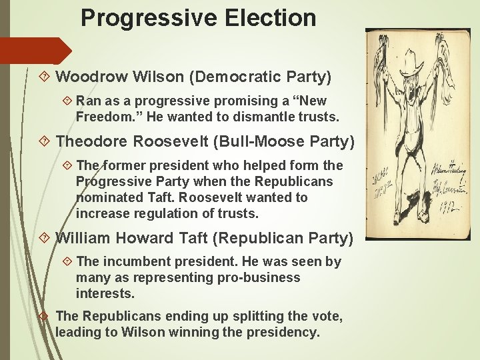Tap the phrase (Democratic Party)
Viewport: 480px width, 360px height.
(260, 77)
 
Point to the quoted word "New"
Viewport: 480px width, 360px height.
(313, 101)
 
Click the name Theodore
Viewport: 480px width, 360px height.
(92, 141)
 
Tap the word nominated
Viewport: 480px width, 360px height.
(109, 197)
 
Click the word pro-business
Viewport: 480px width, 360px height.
(257, 277)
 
